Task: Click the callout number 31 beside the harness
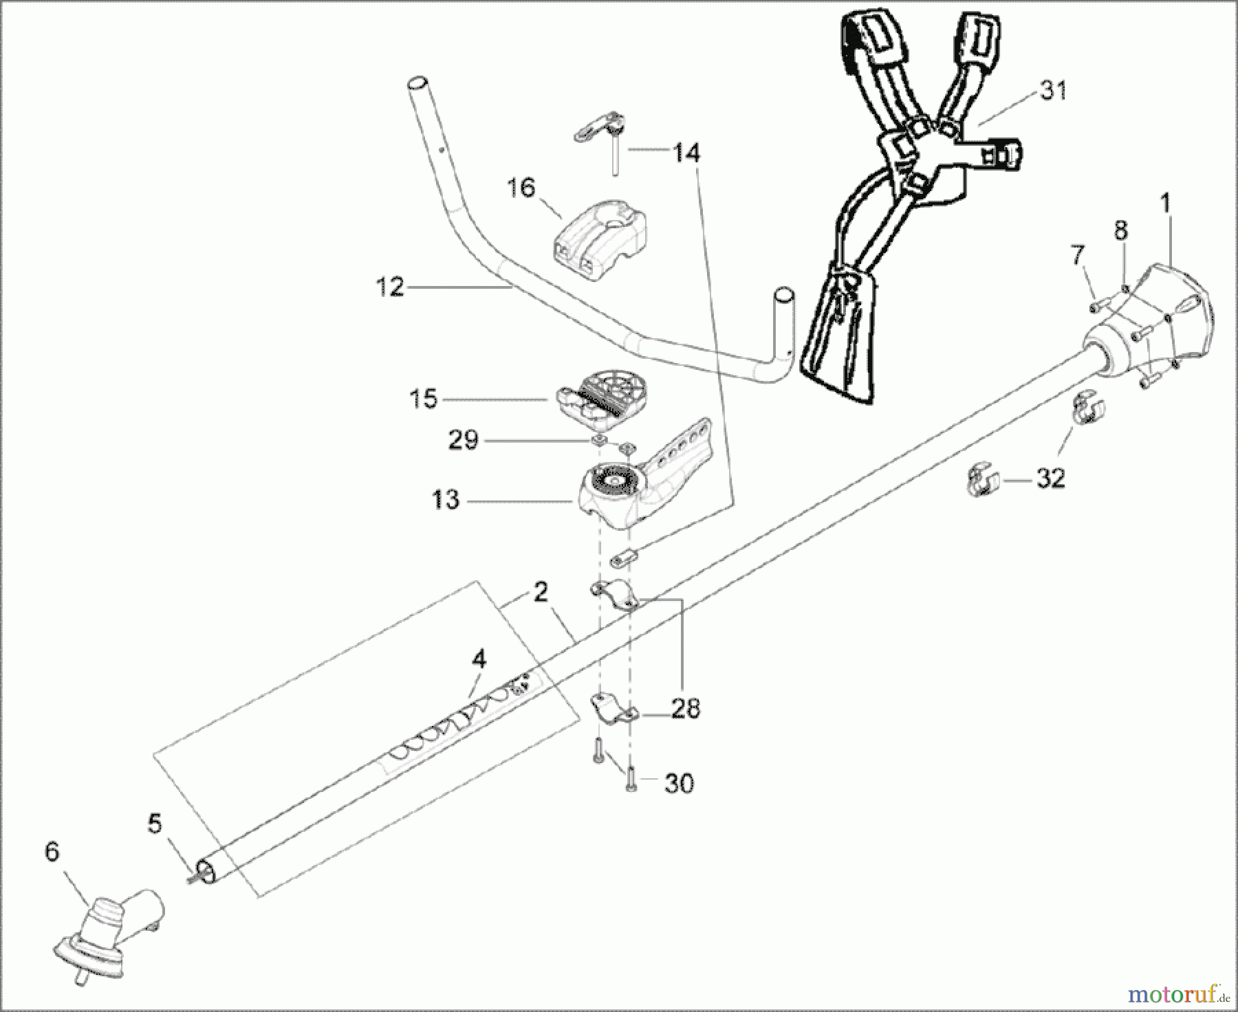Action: (x=1052, y=91)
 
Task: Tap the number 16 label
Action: (x=521, y=187)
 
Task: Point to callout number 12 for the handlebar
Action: (x=391, y=287)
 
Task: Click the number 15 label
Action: (x=423, y=399)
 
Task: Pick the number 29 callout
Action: (x=463, y=440)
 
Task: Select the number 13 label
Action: (x=445, y=500)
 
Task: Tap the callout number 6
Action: (x=52, y=852)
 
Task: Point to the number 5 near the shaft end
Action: (x=155, y=823)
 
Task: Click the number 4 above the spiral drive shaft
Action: (x=479, y=660)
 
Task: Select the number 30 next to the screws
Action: (x=678, y=783)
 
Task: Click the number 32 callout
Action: (x=1050, y=478)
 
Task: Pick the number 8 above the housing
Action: (x=1121, y=230)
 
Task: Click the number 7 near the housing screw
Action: (x=1078, y=256)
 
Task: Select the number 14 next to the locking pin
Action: (x=685, y=153)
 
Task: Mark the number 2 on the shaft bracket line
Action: (x=541, y=591)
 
